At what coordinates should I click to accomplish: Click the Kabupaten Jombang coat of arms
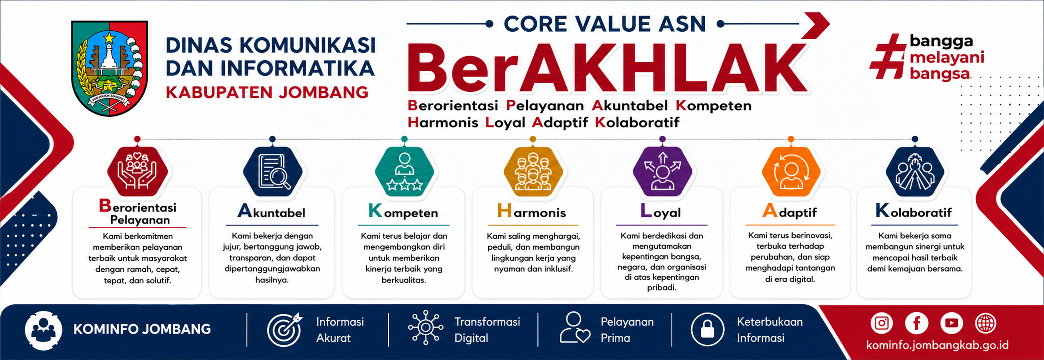(109, 68)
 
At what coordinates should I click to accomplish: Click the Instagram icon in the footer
(882, 323)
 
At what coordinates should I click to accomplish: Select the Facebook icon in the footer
(916, 323)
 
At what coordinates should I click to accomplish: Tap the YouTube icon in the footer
(952, 323)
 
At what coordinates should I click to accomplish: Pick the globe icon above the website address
(986, 323)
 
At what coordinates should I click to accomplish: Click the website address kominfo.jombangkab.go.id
(937, 345)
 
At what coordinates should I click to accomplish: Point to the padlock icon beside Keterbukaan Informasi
(707, 329)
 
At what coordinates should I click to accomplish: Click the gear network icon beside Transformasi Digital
(426, 328)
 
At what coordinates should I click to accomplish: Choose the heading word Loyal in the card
(661, 212)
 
